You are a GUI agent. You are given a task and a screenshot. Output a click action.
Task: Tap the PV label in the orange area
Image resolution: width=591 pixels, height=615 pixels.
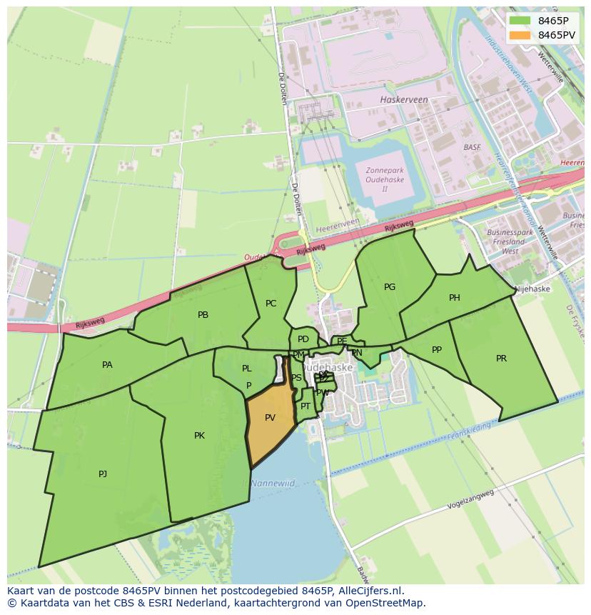pos(270,418)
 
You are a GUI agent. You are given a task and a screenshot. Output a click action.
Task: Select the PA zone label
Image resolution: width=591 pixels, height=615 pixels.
pos(107,365)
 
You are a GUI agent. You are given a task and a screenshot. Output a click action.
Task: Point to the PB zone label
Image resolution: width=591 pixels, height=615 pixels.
pos(203,315)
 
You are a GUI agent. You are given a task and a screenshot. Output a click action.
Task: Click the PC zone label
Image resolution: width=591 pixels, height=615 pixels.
pos(271,304)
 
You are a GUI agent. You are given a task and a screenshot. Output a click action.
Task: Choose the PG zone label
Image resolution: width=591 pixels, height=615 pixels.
pos(389,287)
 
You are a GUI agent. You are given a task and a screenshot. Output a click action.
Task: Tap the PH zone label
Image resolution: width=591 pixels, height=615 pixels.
pos(454,298)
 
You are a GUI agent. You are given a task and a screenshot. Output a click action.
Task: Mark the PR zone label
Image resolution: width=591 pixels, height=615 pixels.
pos(501,359)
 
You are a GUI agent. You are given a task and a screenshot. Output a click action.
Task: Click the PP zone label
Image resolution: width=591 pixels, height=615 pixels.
pos(437,350)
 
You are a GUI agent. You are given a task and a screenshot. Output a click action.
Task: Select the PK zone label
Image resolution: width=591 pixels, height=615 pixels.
pos(199,436)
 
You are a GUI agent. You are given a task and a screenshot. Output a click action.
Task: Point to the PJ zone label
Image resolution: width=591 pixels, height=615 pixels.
pos(103,474)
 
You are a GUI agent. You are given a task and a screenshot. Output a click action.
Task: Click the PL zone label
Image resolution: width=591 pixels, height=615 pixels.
pos(246,369)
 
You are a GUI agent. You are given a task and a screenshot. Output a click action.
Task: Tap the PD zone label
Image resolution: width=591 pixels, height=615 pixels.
pos(303,339)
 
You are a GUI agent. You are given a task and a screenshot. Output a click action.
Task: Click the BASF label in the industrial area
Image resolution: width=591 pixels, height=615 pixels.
pos(472,147)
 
